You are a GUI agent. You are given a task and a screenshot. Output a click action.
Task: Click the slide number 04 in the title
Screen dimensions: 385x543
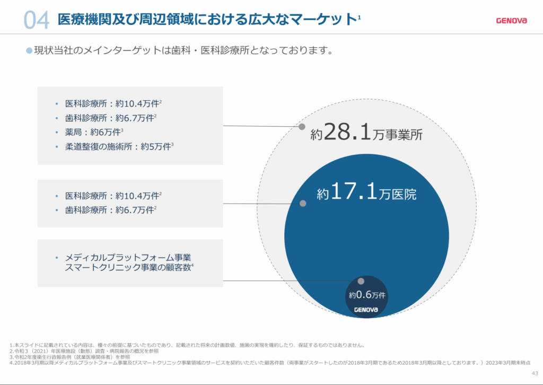(36, 20)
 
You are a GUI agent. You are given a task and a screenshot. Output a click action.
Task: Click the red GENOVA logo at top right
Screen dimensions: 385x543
(512, 21)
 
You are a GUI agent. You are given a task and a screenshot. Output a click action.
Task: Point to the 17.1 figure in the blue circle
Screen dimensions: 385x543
(354, 192)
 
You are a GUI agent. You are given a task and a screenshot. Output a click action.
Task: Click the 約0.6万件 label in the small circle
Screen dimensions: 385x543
(366, 295)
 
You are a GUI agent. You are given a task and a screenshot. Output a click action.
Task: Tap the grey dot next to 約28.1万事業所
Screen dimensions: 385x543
(302, 127)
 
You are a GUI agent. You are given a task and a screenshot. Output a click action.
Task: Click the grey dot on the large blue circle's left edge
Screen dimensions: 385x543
(303, 203)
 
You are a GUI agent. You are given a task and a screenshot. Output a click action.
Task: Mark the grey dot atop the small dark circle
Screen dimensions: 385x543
(361, 281)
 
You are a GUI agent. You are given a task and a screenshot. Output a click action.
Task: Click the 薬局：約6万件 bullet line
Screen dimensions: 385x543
(94, 132)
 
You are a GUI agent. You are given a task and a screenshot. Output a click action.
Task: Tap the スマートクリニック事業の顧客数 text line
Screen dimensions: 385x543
(129, 268)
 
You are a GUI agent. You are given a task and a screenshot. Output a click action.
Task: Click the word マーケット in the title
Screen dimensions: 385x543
(330, 20)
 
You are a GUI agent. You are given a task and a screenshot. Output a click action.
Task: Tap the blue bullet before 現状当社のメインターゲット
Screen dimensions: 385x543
(29, 50)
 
